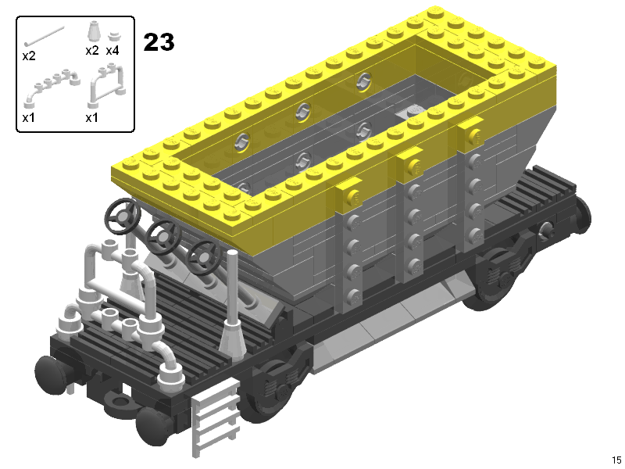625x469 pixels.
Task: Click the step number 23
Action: pyautogui.click(x=159, y=42)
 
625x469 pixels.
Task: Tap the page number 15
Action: pyautogui.click(x=616, y=460)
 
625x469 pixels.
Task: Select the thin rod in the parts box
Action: pyautogui.click(x=44, y=35)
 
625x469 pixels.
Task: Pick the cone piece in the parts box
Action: pyautogui.click(x=92, y=31)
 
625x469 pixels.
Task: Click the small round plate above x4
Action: pyautogui.click(x=114, y=36)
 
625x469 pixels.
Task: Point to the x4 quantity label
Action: pyautogui.click(x=112, y=51)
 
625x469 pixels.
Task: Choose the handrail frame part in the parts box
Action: pyautogui.click(x=106, y=85)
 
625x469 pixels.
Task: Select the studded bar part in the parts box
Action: pyautogui.click(x=52, y=88)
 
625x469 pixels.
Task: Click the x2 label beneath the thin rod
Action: pyautogui.click(x=29, y=55)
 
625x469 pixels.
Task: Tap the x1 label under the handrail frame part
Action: pyautogui.click(x=91, y=118)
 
